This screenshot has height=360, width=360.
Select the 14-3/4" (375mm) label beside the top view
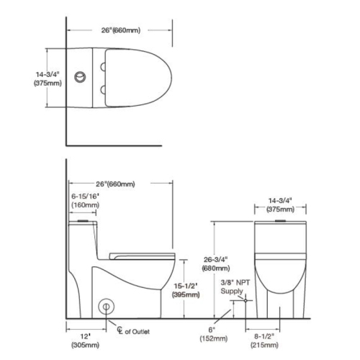coord(46,78)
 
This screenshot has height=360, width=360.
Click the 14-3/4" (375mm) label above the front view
coord(282,206)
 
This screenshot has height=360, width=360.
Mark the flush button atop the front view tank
coord(282,220)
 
